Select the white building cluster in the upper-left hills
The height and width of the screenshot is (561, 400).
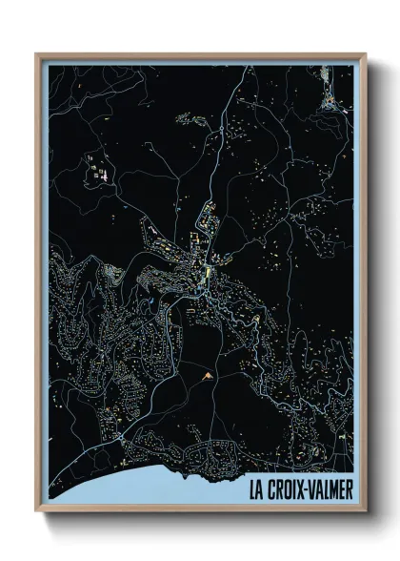[x=97, y=173]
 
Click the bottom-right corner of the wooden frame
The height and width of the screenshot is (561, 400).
[x=365, y=513]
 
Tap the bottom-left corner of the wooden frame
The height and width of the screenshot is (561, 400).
[x=37, y=513]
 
